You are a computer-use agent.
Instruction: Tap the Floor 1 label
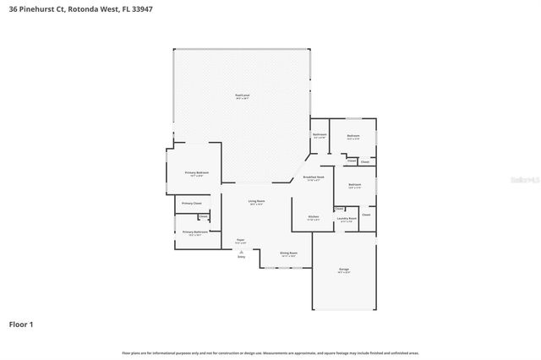tap(21, 324)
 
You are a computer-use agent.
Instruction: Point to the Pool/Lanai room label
tap(242, 95)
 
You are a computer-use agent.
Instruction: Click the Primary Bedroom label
tap(197, 172)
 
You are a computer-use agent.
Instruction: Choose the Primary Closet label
tap(191, 203)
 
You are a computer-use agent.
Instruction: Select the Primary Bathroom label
tap(191, 232)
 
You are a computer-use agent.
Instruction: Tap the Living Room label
tap(255, 201)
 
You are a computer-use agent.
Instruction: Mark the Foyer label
tap(241, 240)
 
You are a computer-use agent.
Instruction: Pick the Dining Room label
tap(289, 253)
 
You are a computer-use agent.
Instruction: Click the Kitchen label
tap(313, 216)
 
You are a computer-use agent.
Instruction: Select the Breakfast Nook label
tap(314, 177)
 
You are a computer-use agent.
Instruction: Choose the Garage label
tap(344, 269)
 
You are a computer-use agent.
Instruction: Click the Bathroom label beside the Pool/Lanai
tap(320, 134)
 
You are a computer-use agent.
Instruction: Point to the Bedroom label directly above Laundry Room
tap(354, 184)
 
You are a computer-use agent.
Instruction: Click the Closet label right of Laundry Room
tap(366, 215)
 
